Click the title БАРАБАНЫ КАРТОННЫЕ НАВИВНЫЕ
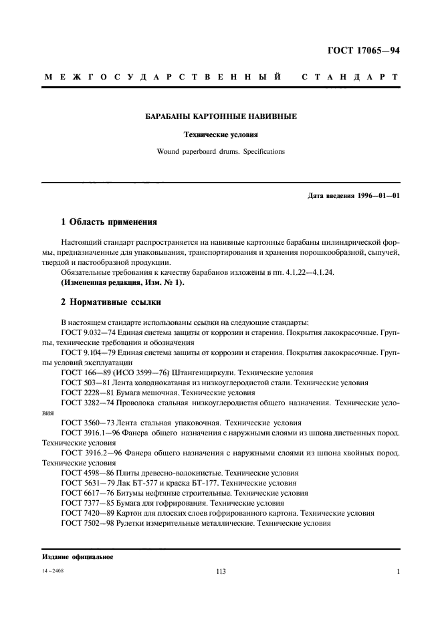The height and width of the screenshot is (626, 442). (221, 116)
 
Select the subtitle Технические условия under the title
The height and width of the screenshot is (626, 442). (221, 134)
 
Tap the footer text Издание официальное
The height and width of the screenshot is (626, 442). (78, 557)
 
